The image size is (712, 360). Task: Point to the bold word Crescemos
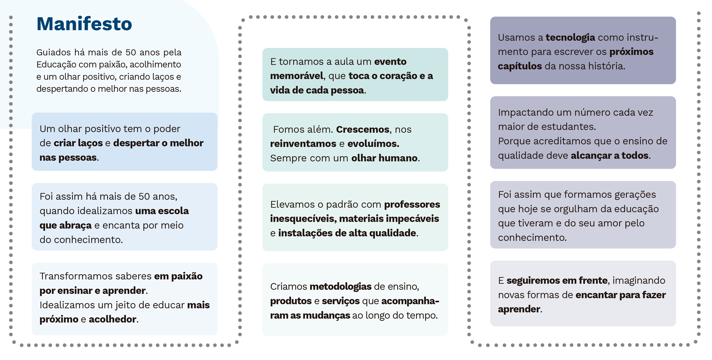click(363, 129)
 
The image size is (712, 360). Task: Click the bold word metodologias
click(341, 287)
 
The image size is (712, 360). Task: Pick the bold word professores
click(412, 205)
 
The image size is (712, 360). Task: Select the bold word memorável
click(297, 76)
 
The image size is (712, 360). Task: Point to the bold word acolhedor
click(113, 319)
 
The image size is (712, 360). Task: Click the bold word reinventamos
click(303, 144)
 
